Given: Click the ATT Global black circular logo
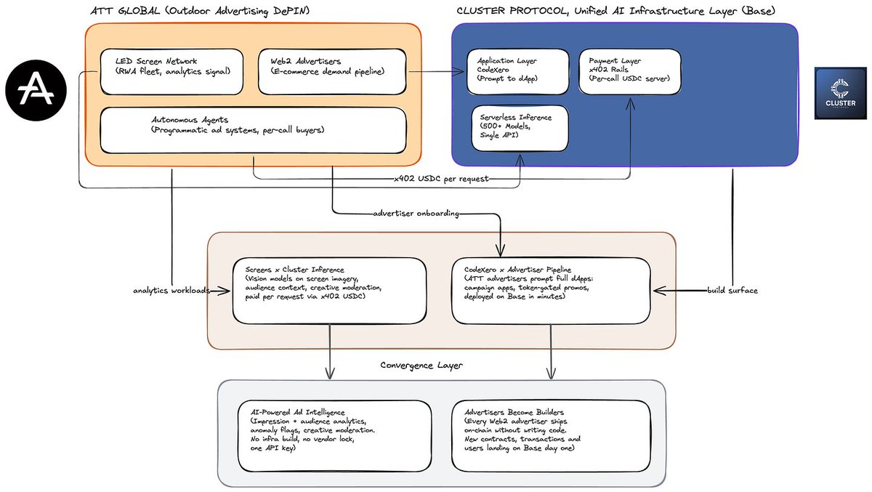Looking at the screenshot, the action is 36,90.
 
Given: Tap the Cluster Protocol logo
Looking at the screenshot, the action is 841,93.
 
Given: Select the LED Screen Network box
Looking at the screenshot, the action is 171,72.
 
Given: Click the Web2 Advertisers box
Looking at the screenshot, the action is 332,72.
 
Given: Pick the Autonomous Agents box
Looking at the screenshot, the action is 253,130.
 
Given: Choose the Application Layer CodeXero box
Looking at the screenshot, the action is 517,72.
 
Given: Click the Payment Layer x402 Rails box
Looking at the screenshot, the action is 630,72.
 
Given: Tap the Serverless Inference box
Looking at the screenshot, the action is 520,128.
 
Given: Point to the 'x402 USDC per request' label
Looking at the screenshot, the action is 442,179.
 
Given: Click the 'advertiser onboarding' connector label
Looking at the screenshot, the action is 416,214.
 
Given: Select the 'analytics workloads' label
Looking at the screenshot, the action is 171,291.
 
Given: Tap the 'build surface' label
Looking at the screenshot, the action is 732,291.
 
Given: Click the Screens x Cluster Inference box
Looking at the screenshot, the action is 329,291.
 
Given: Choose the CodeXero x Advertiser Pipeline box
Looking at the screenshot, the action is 551,291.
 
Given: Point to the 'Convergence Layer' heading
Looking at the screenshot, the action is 421,365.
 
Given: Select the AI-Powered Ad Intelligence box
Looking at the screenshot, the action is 335,436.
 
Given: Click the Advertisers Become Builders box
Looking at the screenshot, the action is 551,436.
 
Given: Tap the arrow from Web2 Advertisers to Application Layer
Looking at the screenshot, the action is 437,72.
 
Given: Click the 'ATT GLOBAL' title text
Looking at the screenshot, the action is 125,11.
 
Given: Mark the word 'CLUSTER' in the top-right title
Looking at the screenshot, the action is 481,11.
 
